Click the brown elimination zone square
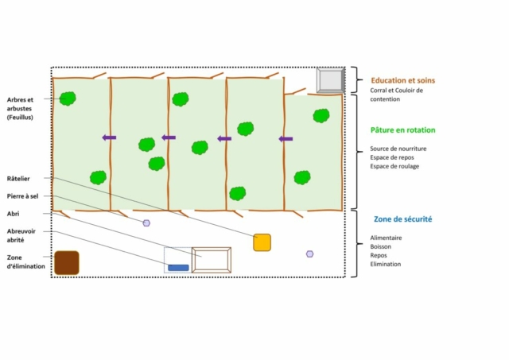click(x=67, y=263)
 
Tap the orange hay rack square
click(x=262, y=242)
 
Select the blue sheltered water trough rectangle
click(x=178, y=268)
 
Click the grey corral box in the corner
click(x=331, y=80)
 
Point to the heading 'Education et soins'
click(x=403, y=80)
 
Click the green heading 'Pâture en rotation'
click(x=403, y=130)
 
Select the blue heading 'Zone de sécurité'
click(x=403, y=219)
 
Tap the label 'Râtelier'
click(x=18, y=178)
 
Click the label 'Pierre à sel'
click(x=22, y=196)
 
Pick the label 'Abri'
click(x=13, y=214)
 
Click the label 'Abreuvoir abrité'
click(x=21, y=235)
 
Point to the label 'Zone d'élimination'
click(x=26, y=261)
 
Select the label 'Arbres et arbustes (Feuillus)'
click(x=20, y=108)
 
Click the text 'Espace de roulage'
click(x=394, y=166)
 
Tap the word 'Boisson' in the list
click(x=380, y=246)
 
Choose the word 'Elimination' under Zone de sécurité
click(x=385, y=264)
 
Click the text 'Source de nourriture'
click(x=398, y=149)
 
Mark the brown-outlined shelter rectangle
click(x=212, y=249)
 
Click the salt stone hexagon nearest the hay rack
click(x=309, y=254)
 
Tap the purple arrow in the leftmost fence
click(x=109, y=137)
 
